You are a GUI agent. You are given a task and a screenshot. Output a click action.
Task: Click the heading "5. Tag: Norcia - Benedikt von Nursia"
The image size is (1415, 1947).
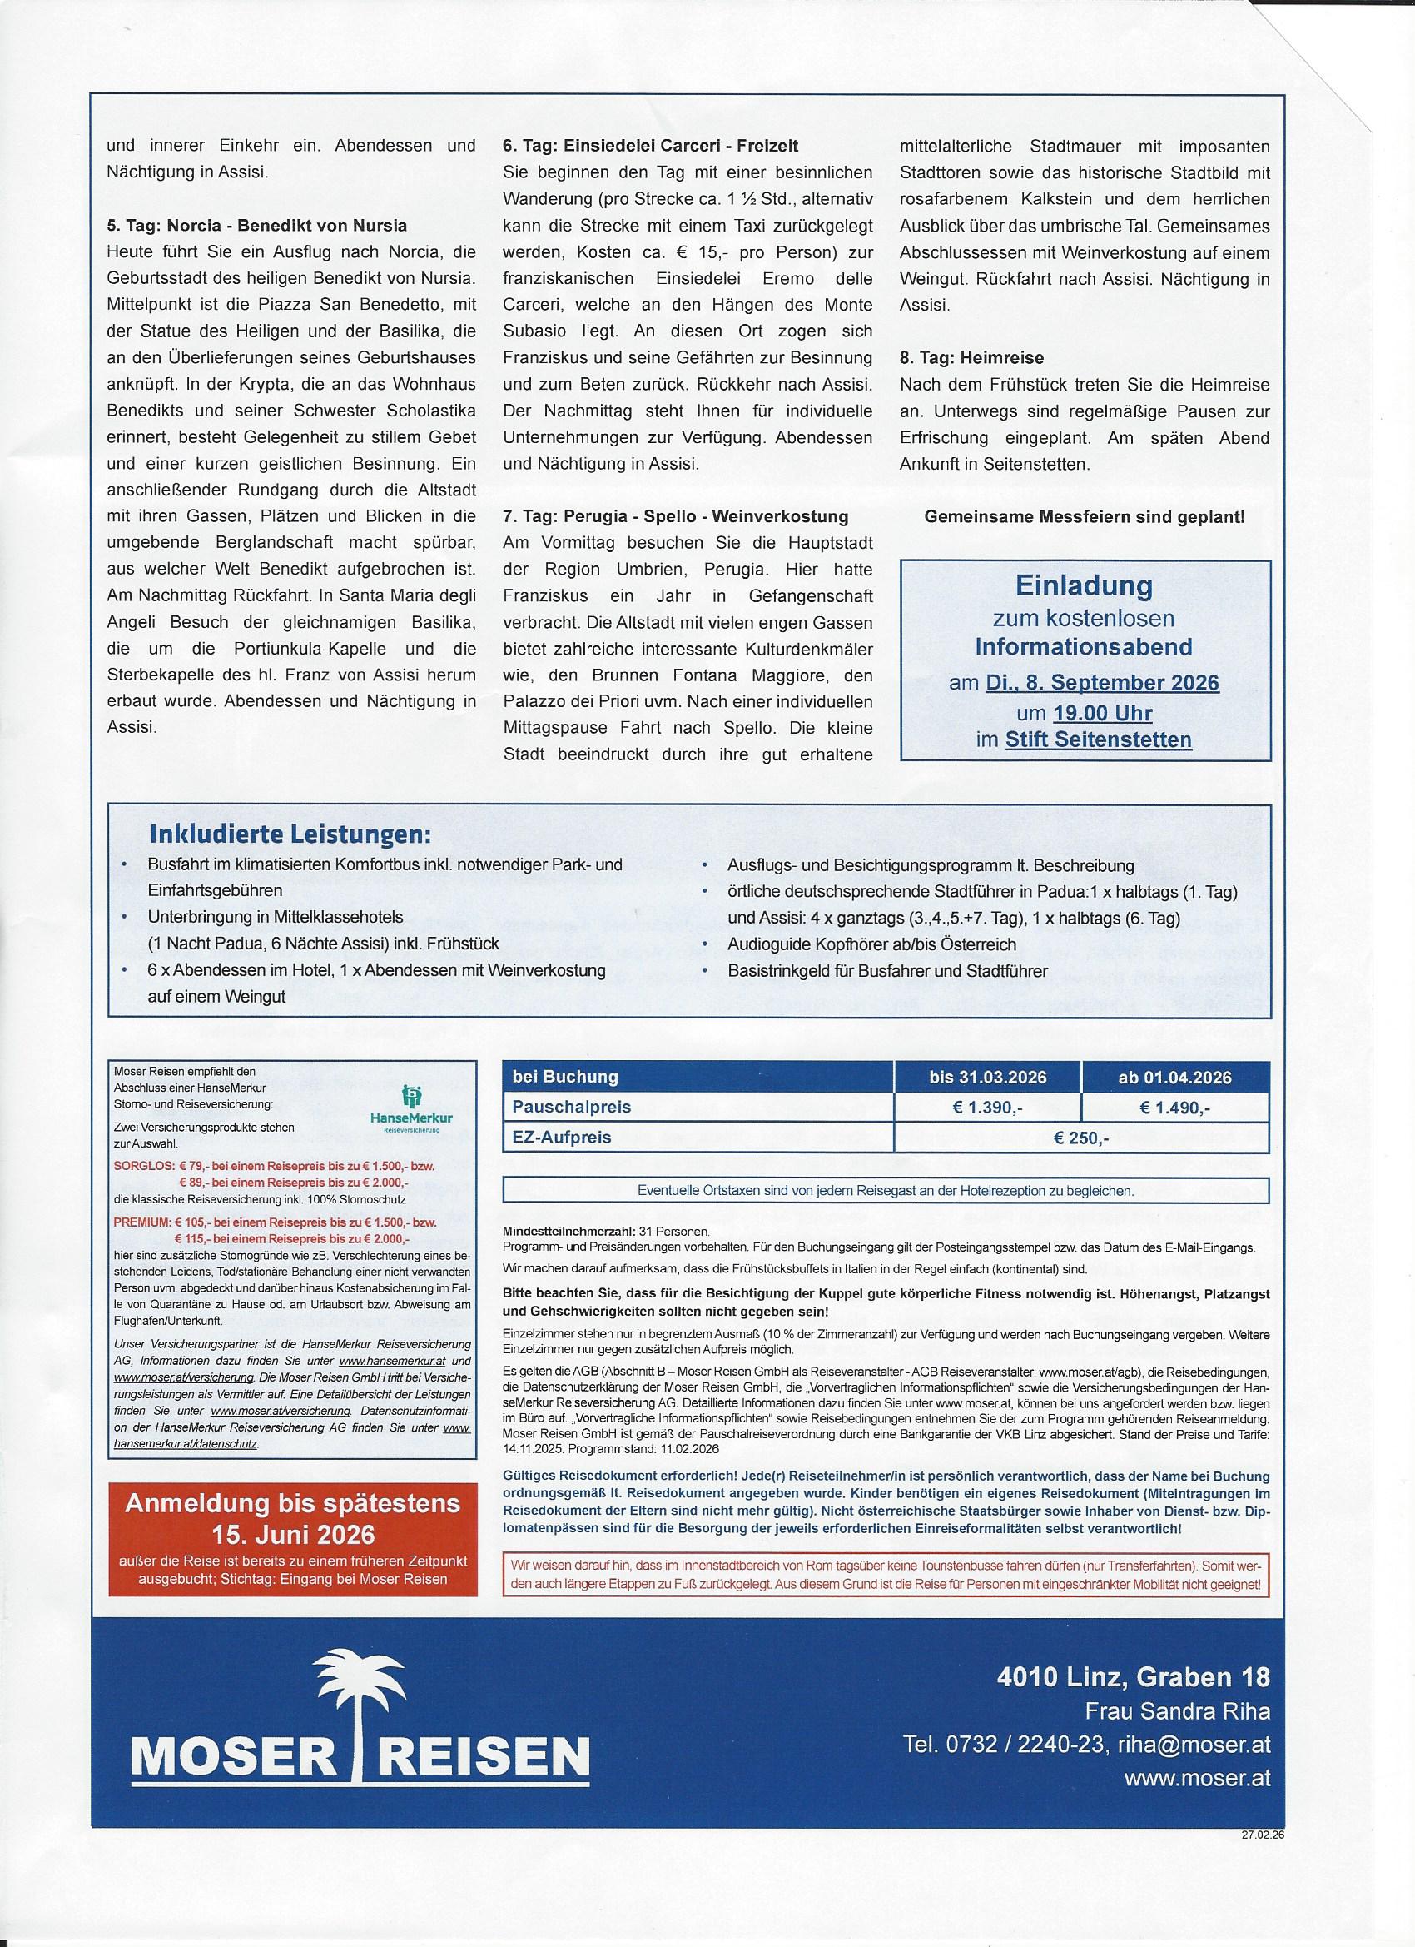256,227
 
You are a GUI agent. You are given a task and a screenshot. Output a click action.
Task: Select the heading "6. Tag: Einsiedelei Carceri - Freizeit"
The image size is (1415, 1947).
650,147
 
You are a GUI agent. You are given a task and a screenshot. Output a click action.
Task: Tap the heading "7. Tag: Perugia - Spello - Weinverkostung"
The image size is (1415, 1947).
675,517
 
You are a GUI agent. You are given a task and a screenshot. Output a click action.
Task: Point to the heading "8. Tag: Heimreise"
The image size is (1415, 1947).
971,357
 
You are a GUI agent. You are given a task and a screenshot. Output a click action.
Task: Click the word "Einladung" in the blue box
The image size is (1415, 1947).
1084,586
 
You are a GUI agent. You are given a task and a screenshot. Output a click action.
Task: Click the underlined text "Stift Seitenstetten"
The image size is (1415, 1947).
1099,740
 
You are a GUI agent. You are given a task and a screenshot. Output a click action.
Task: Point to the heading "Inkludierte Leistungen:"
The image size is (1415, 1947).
290,835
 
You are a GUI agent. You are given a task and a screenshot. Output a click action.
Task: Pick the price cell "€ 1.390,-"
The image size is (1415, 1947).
988,1108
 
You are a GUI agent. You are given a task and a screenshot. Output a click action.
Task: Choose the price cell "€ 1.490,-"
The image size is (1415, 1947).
1174,1108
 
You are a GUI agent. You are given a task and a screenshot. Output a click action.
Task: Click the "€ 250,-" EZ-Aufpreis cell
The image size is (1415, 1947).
1081,1139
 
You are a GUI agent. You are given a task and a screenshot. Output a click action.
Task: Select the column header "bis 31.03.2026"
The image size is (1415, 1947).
988,1078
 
